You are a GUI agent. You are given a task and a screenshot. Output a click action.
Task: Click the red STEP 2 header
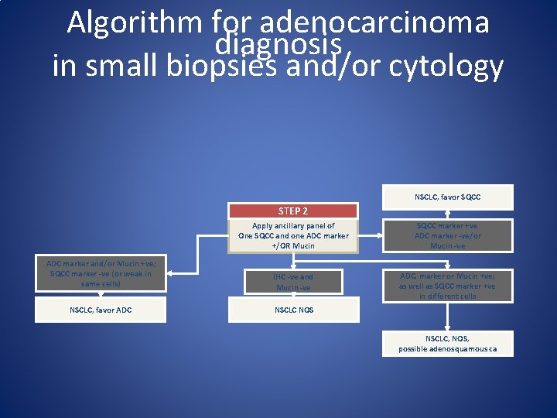[293, 211]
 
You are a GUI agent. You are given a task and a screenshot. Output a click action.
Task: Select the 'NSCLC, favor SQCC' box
[447, 197]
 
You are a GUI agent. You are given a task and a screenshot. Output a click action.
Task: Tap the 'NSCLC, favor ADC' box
[101, 310]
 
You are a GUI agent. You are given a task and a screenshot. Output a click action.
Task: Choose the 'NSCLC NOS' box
[293, 310]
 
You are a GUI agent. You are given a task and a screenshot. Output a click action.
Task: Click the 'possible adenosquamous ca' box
[448, 344]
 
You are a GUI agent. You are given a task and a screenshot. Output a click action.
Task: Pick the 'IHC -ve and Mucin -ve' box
[293, 282]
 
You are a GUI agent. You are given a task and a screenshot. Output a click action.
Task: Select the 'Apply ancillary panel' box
[293, 235]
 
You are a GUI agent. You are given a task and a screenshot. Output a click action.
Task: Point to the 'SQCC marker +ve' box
[448, 235]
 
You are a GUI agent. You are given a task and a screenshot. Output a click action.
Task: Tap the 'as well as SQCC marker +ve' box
[448, 286]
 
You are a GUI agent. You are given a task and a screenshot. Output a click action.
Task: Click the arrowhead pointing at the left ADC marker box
[172, 273]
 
